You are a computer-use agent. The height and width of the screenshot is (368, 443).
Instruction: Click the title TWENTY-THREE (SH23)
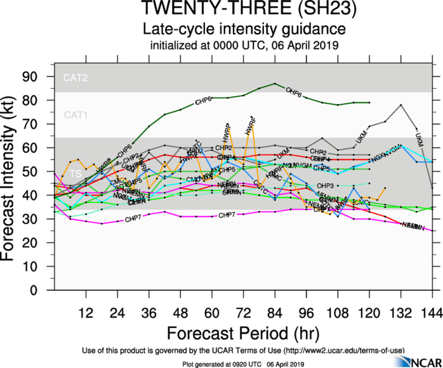(244, 10)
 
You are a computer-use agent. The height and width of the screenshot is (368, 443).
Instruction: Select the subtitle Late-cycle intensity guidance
(244, 29)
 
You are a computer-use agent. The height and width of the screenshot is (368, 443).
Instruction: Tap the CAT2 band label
(74, 78)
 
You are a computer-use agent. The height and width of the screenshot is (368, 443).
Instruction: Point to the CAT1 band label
(74, 114)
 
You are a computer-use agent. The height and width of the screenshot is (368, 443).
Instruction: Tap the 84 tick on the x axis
(275, 312)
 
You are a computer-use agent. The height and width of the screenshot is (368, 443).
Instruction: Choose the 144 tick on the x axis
(432, 312)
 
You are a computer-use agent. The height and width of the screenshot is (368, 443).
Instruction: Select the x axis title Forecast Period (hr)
(244, 332)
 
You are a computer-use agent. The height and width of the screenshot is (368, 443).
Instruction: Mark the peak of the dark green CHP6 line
(275, 84)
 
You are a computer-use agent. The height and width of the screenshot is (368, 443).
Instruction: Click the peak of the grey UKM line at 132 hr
(400, 105)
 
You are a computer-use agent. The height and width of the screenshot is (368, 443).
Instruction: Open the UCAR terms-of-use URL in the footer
(336, 350)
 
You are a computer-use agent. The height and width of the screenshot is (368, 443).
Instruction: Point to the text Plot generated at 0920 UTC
(216, 363)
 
